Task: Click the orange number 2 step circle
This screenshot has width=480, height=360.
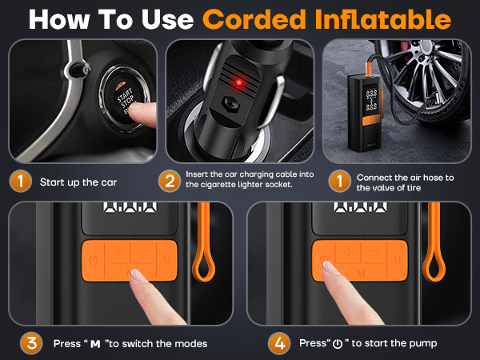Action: pyautogui.click(x=169, y=181)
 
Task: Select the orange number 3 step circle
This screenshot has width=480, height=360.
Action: pyautogui.click(x=31, y=343)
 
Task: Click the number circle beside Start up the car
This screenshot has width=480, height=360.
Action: pyautogui.click(x=21, y=181)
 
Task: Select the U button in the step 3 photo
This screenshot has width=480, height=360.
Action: pyautogui.click(x=167, y=260)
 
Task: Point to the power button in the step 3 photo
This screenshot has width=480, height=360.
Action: pyautogui.click(x=94, y=260)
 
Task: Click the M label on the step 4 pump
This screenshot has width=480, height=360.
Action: pyautogui.click(x=362, y=274)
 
